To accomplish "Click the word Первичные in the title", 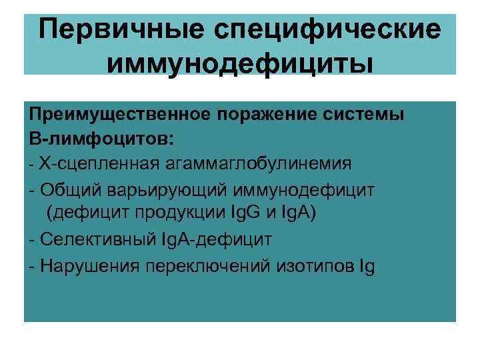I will tap(116, 30).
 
